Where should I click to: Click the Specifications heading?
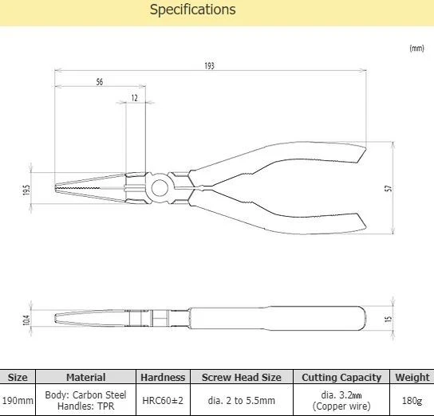[192, 10]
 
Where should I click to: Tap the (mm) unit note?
[416, 49]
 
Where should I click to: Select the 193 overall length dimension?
[210, 66]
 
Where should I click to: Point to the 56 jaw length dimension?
[100, 82]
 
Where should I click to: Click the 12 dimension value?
[135, 98]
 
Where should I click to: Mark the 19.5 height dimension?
[26, 190]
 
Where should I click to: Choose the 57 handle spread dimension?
[389, 189]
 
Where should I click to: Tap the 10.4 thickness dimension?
[26, 320]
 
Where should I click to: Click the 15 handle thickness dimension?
[389, 319]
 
